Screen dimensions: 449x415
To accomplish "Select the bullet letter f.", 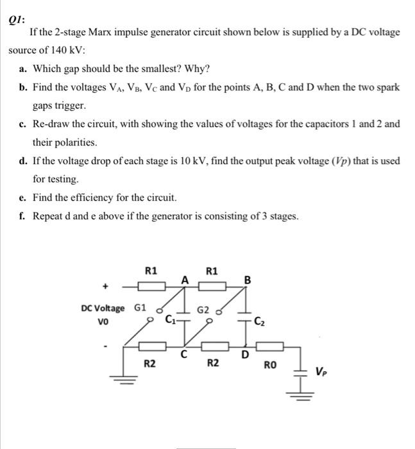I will click(x=23, y=216).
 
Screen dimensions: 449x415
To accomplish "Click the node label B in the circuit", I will click(x=248, y=280).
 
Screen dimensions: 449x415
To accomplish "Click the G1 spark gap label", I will click(x=140, y=308).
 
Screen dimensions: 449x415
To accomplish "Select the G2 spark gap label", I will click(x=203, y=311).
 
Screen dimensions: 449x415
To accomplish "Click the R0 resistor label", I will click(x=270, y=366).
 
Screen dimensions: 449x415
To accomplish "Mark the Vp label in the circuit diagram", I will click(x=323, y=371).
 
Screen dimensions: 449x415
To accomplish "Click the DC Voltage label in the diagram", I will click(x=103, y=308).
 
